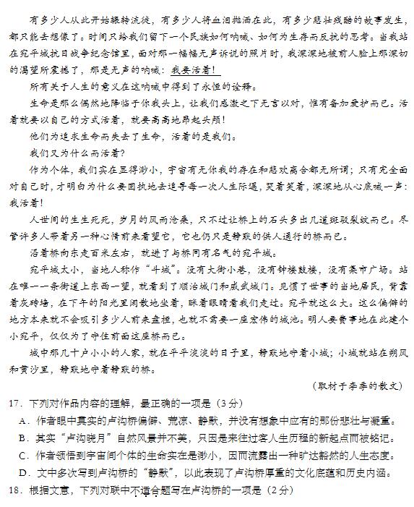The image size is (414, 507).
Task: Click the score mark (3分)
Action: pyautogui.click(x=228, y=403)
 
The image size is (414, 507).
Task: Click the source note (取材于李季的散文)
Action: pyautogui.click(x=357, y=385)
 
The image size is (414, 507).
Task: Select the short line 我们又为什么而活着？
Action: pyautogui.click(x=77, y=153)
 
